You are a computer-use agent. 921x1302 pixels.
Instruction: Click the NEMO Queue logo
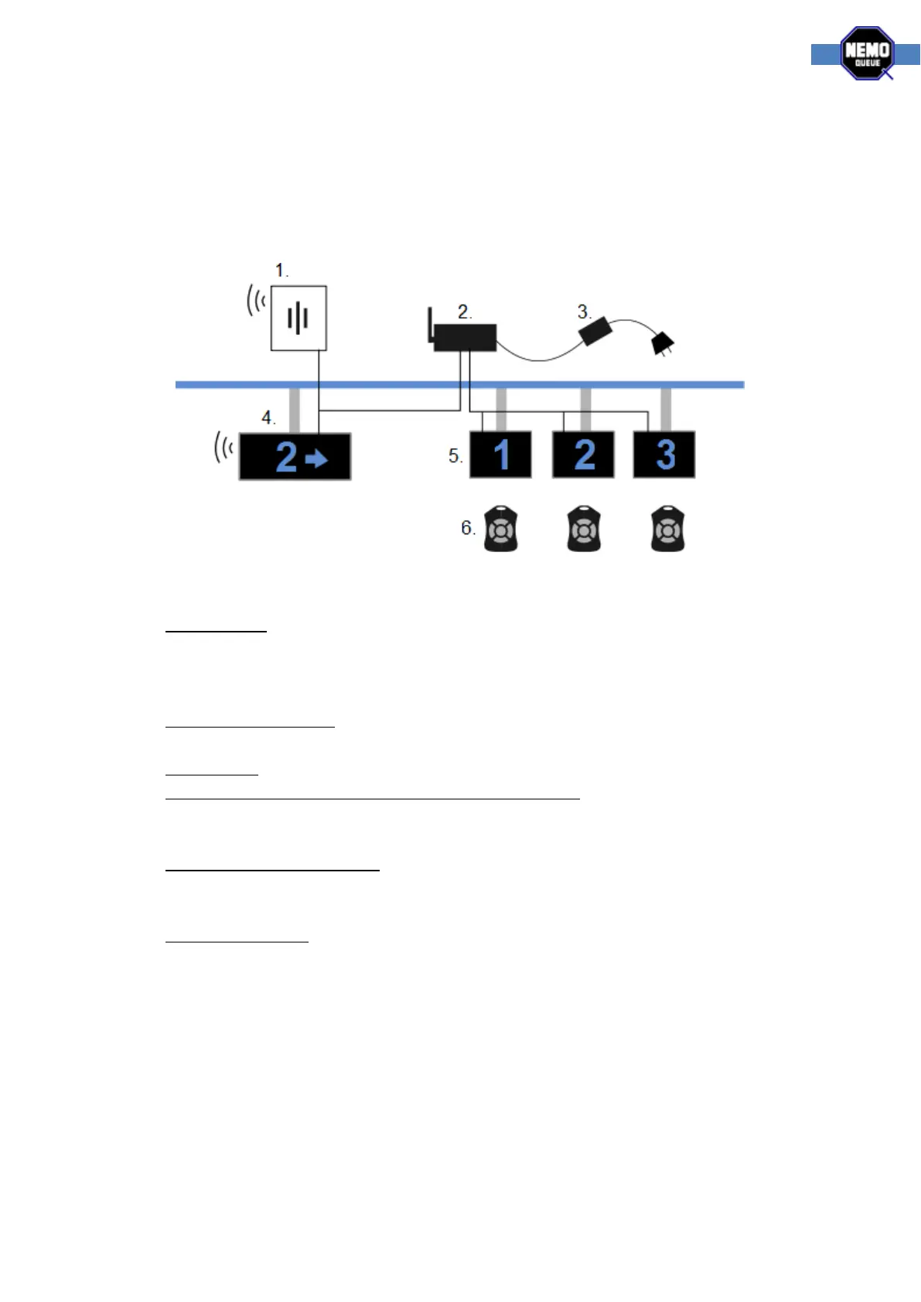click(x=867, y=53)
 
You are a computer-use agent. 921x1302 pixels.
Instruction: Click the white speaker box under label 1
click(x=298, y=318)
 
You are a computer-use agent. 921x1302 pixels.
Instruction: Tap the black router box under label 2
click(x=465, y=338)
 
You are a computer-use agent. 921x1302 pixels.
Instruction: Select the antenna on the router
click(x=430, y=325)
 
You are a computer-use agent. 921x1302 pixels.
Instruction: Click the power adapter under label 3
click(x=595, y=332)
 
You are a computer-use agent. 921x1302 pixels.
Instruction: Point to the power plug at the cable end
click(x=663, y=343)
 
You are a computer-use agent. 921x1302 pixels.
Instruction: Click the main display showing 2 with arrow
click(x=295, y=456)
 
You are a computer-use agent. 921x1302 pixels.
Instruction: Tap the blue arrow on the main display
click(x=316, y=459)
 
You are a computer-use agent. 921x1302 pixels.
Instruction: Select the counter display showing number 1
click(x=500, y=455)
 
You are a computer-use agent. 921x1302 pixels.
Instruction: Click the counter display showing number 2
click(x=583, y=455)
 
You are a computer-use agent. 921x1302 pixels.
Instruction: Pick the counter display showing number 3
click(x=664, y=455)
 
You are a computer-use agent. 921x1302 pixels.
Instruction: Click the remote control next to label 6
click(x=500, y=529)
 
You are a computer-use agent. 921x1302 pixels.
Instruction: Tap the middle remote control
click(x=584, y=529)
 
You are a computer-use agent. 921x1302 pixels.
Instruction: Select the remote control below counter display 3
click(x=667, y=529)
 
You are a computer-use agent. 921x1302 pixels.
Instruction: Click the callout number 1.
click(x=281, y=271)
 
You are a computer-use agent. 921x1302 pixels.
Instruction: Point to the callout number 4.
click(x=268, y=418)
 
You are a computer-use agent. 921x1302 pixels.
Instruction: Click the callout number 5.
click(x=455, y=456)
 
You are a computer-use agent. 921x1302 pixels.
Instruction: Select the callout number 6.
click(x=467, y=528)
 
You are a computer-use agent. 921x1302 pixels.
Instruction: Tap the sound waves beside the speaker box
click(x=256, y=300)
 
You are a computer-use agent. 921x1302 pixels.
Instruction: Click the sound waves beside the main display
click(x=223, y=448)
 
